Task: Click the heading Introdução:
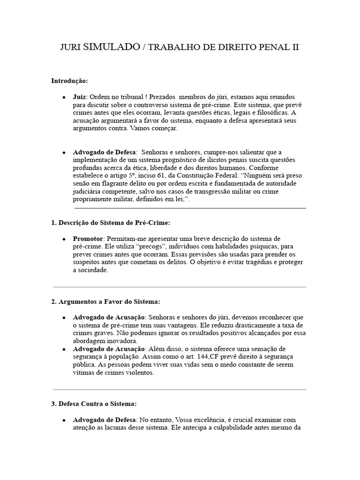pos(69,81)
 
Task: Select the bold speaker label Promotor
pos(88,239)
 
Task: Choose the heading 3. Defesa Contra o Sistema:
pos(94,403)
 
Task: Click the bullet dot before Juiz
pos(64,97)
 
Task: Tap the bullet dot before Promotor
pos(64,239)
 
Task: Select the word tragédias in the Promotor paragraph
pos(262,262)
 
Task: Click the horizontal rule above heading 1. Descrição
pos(190,208)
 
